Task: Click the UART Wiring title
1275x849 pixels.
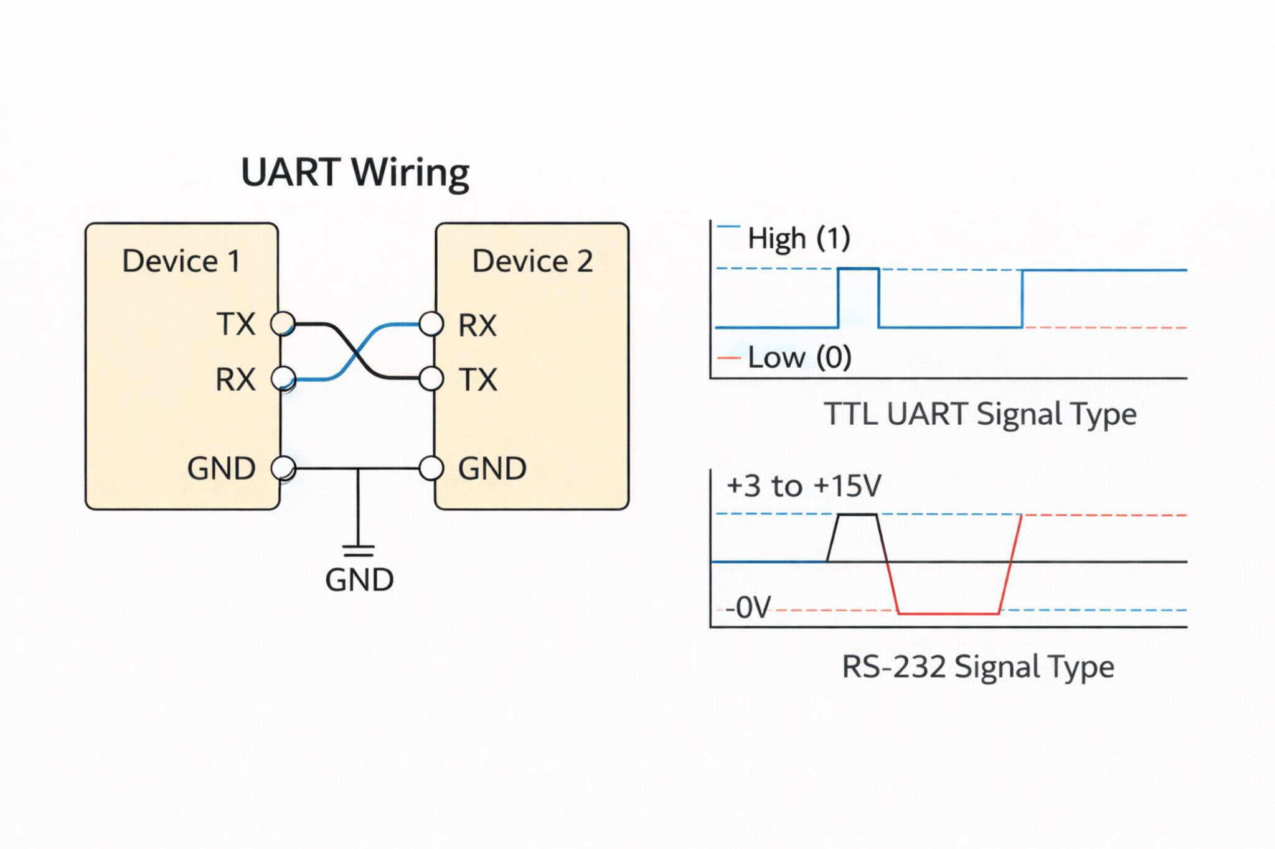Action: click(355, 173)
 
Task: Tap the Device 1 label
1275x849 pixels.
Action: click(181, 261)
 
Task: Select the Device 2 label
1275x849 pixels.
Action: click(532, 261)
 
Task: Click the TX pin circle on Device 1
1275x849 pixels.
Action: click(283, 324)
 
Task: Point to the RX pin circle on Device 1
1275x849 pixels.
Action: click(283, 378)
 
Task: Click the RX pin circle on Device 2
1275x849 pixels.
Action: click(431, 324)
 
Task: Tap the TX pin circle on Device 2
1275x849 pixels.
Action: click(431, 378)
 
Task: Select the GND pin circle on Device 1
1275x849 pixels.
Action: click(283, 468)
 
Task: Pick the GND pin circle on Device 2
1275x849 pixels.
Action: click(431, 468)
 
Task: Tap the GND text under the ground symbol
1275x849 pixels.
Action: click(359, 580)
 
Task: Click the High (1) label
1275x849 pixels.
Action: click(799, 238)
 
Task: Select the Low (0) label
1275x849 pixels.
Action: click(799, 358)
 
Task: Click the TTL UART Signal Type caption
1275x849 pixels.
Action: click(980, 414)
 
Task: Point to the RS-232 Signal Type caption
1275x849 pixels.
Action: click(977, 667)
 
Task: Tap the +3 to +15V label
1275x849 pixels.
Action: click(804, 486)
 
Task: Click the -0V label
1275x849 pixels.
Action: click(748, 607)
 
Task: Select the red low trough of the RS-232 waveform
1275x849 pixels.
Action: click(949, 613)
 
